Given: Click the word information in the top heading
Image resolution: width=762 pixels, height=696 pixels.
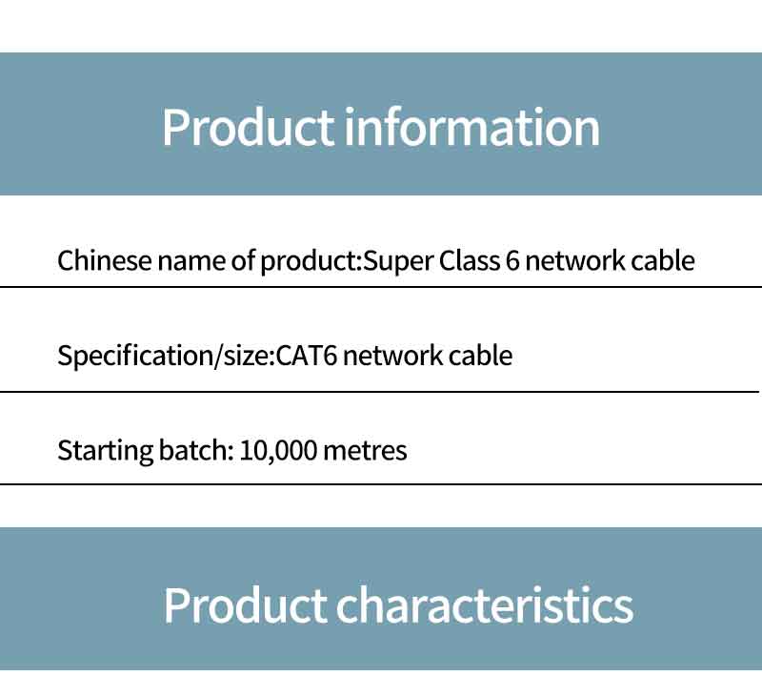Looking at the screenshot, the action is [x=471, y=128].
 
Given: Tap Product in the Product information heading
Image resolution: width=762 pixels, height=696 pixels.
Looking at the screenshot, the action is [x=249, y=128].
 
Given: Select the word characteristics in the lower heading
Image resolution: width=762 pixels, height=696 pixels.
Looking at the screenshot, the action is [x=485, y=604].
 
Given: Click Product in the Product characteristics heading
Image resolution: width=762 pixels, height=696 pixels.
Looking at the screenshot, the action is [x=245, y=604].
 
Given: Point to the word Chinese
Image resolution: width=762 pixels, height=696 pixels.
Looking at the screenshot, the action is [x=105, y=260].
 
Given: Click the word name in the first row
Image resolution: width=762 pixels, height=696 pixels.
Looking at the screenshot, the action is [x=191, y=261].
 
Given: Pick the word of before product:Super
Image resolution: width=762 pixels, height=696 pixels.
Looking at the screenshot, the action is [x=243, y=260].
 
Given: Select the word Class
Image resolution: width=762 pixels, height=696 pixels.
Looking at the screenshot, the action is [x=470, y=260].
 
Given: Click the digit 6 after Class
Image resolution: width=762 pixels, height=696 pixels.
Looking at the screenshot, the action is [x=512, y=260].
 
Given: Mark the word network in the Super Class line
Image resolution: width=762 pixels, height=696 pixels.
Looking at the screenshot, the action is [x=575, y=260].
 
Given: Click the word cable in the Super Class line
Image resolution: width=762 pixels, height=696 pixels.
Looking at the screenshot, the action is [x=662, y=260].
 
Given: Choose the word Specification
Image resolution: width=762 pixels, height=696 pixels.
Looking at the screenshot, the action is [x=135, y=356].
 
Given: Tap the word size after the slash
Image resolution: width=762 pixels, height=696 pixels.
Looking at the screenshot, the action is [x=246, y=356].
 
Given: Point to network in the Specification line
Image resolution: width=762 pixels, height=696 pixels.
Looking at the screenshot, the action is [x=392, y=356].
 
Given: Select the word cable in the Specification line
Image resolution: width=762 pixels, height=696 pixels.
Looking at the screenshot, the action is [x=480, y=356].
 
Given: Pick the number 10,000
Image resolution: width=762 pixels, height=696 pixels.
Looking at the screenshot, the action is [x=278, y=450].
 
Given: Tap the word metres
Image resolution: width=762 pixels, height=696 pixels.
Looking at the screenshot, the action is [x=365, y=451].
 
